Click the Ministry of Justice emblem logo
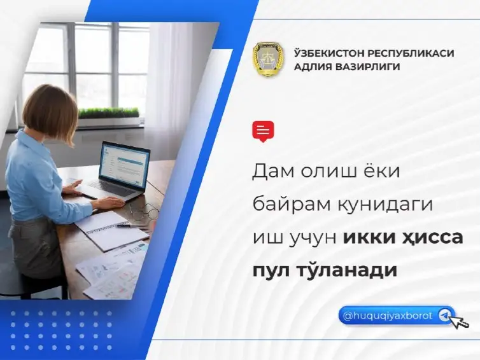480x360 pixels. click(269, 60)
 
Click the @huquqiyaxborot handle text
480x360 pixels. click(387, 315)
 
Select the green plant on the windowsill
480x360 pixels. click(108, 113)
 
